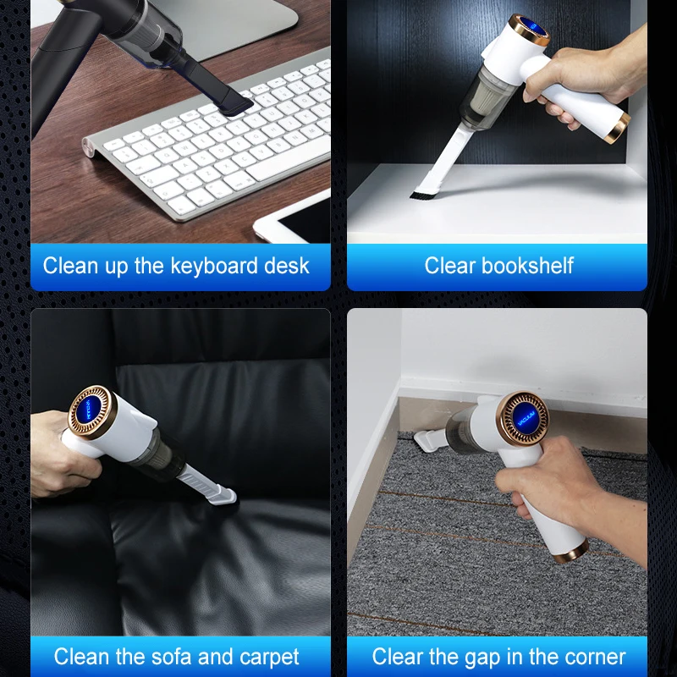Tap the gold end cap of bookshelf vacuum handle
(619, 126)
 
